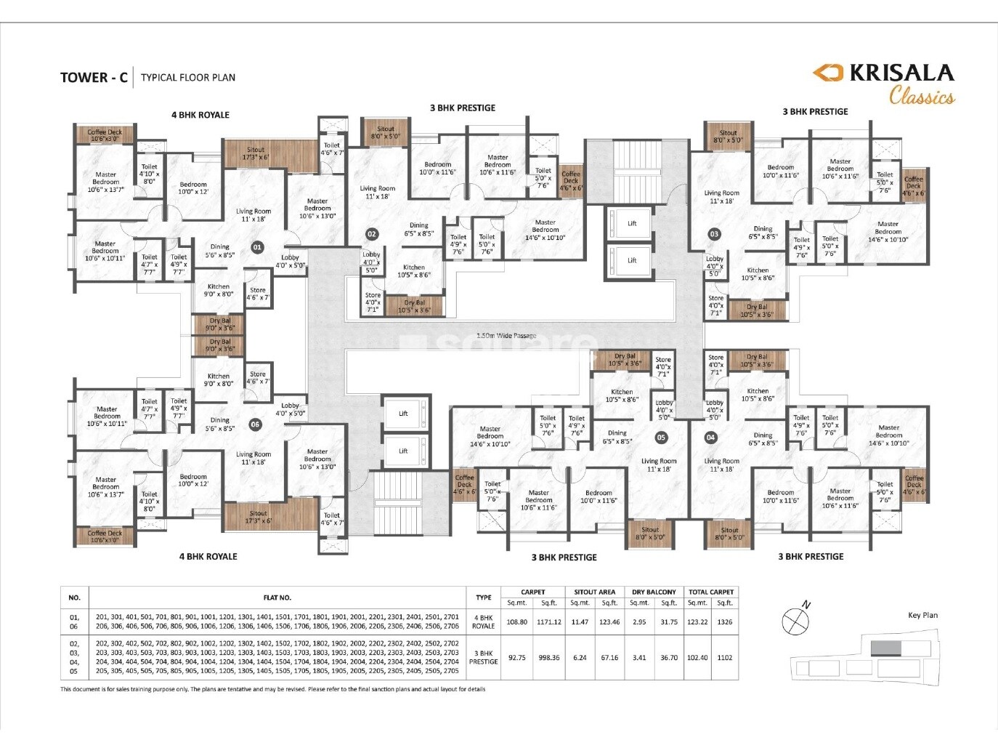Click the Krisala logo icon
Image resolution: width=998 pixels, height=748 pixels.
pos(827,72)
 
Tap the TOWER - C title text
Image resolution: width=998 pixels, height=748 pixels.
pos(94,78)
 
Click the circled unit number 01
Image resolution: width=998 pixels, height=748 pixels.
pos(257,247)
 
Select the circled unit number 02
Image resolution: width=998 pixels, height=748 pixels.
pos(372,234)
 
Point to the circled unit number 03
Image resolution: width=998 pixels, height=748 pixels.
pos(715,234)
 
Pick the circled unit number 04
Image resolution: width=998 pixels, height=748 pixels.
pos(710,438)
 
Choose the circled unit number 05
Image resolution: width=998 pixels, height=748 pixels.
pos(661,438)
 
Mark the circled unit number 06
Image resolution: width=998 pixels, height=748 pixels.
pos(255,425)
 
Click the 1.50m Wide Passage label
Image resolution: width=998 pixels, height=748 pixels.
pos(506,336)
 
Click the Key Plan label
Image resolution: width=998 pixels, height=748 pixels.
pos(922,615)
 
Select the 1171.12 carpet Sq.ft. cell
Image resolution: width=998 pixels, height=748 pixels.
pos(549,622)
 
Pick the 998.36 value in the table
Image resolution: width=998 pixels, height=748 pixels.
pos(549,658)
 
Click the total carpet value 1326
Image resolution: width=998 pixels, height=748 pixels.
pos(725,622)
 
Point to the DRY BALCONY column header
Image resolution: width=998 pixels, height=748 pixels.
pos(654,592)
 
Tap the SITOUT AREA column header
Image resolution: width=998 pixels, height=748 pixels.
pos(594,592)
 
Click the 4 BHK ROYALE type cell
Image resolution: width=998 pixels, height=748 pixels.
pos(484,622)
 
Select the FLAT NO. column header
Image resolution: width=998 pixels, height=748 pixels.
pos(277,598)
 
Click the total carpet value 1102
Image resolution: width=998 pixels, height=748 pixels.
pos(725,658)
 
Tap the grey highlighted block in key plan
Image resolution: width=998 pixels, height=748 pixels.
pos(885,648)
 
